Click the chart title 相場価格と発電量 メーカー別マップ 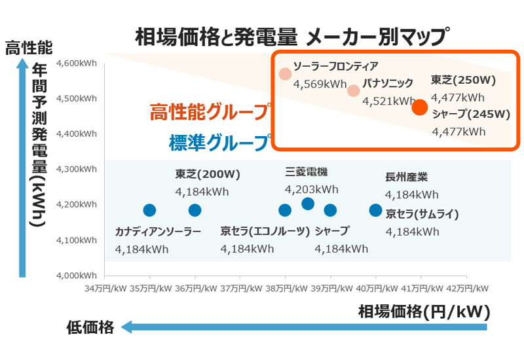tap(292, 37)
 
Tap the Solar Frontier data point tap(285, 74)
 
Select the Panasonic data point tap(353, 90)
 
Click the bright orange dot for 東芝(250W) tap(420, 107)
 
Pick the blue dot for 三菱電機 tap(308, 204)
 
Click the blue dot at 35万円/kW tap(149, 210)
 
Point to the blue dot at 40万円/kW tap(375, 210)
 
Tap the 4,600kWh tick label tap(77, 63)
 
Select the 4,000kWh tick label tap(77, 276)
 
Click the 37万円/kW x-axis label tap(241, 288)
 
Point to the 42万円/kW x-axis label tap(467, 288)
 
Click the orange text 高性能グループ tap(210, 111)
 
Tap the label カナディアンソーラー tap(158, 232)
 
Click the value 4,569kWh tap(320, 84)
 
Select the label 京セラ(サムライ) tap(422, 214)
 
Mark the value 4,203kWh tap(312, 190)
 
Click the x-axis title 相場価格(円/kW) tap(424, 312)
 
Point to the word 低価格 tap(90, 327)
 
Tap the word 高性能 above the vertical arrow tap(29, 47)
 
